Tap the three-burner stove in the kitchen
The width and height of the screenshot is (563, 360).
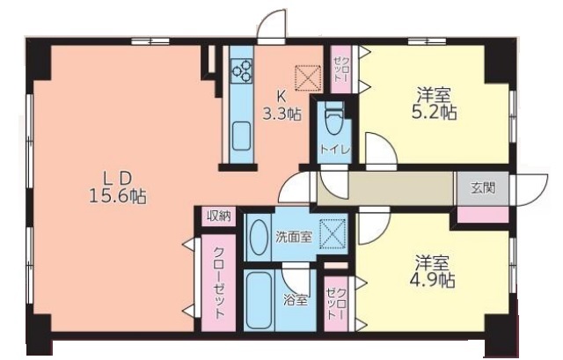[x=241, y=70]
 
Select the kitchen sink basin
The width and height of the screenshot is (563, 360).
[x=241, y=136]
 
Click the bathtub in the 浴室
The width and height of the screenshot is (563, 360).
[x=260, y=300]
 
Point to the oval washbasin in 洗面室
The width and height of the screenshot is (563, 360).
[x=259, y=237]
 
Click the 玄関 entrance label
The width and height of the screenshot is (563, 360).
[x=483, y=187]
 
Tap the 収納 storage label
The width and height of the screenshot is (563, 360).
[x=219, y=217]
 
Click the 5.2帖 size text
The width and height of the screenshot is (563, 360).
[x=434, y=114]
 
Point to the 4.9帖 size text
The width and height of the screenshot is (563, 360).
[x=432, y=280]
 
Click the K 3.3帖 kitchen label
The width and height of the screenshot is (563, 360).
[x=281, y=105]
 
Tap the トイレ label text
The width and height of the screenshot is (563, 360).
[x=334, y=150]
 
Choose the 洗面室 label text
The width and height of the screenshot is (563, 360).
[x=294, y=237]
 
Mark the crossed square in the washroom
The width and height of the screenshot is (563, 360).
[x=333, y=234]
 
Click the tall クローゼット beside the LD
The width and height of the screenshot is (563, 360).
[x=219, y=283]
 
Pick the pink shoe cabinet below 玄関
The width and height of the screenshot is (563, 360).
[x=483, y=216]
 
